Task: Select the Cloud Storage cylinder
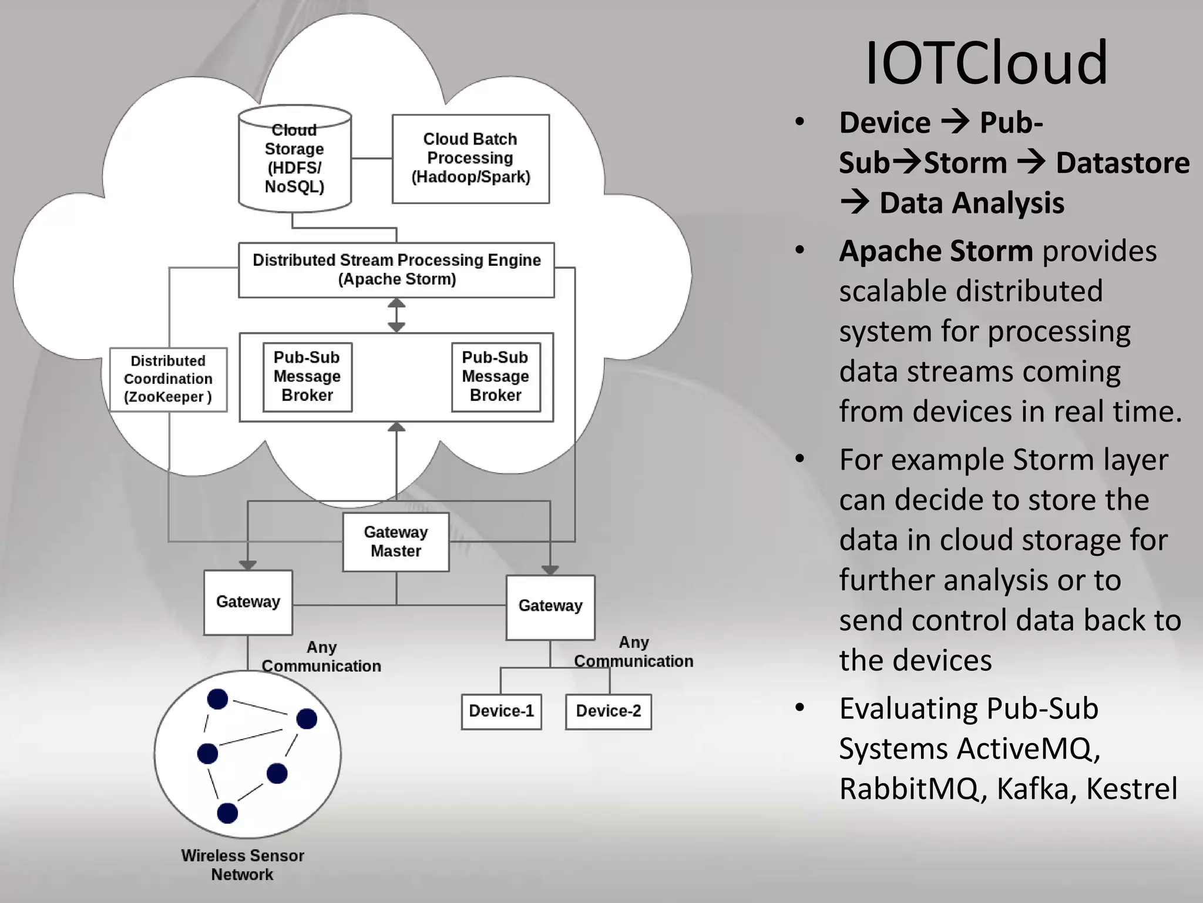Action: click(294, 159)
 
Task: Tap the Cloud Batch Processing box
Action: click(471, 159)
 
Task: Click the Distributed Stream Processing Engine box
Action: click(396, 270)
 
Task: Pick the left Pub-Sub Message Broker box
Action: click(307, 377)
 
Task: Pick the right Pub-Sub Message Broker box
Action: click(496, 377)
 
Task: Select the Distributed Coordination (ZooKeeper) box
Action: click(168, 379)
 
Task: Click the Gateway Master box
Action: click(396, 541)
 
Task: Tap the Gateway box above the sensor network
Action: click(248, 602)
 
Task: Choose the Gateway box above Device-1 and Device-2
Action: click(550, 607)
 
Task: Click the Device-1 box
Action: click(501, 711)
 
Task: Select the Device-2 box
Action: click(608, 711)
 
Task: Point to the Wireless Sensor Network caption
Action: click(242, 865)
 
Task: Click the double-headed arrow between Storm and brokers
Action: click(396, 315)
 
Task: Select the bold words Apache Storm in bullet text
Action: click(935, 251)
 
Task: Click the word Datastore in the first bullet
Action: click(1123, 163)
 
